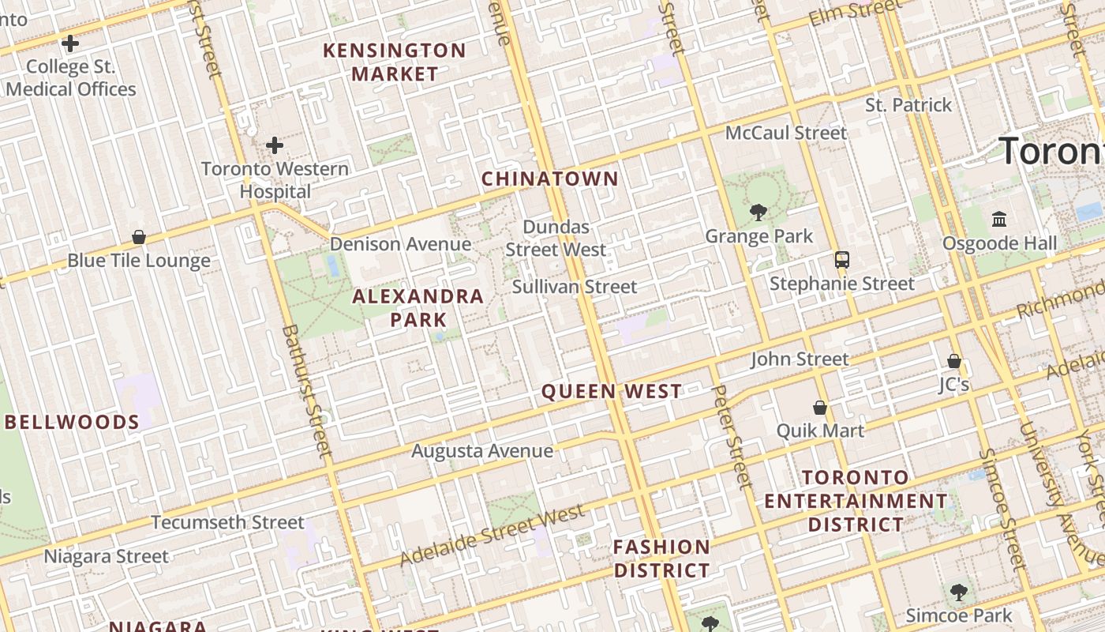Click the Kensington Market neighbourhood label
click(x=395, y=62)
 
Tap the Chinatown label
click(x=550, y=179)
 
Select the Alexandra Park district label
click(x=418, y=307)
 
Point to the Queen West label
click(x=612, y=391)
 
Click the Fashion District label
click(x=661, y=558)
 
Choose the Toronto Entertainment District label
click(x=856, y=501)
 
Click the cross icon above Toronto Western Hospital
click(x=275, y=145)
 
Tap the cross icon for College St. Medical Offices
click(x=70, y=43)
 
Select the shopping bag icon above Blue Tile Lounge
click(x=139, y=237)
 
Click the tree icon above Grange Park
click(x=759, y=212)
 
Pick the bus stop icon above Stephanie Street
click(x=842, y=259)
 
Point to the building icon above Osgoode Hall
click(x=999, y=219)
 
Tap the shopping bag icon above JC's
click(x=953, y=361)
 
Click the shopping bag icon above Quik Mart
click(x=820, y=408)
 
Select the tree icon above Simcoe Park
click(x=958, y=592)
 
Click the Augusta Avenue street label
click(x=482, y=451)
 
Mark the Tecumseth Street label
click(x=227, y=522)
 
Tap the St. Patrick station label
click(x=908, y=105)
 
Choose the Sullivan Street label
click(x=574, y=286)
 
